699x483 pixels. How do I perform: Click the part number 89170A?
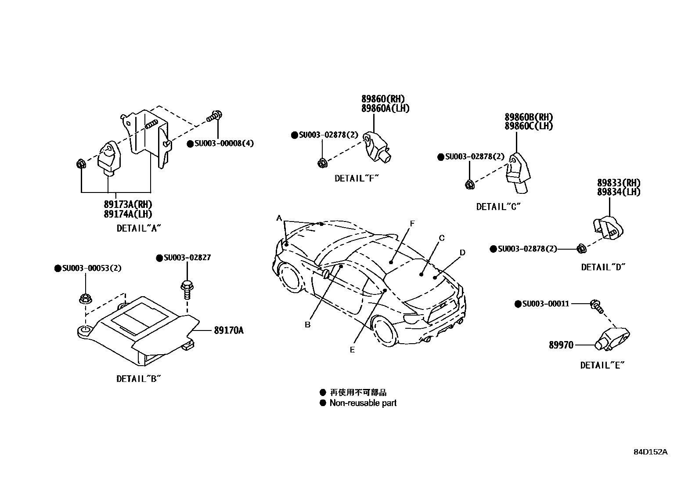click(228, 330)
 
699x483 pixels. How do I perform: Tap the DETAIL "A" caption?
click(139, 228)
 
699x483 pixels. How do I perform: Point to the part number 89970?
click(561, 345)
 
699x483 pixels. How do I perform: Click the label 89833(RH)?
click(618, 183)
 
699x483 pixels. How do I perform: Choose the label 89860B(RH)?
click(528, 117)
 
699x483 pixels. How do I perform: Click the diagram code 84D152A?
click(650, 452)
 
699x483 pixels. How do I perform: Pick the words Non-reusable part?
click(363, 403)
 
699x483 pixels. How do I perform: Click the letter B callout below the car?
click(308, 325)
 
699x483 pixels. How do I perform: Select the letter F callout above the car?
click(412, 224)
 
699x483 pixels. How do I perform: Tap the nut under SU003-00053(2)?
click(85, 299)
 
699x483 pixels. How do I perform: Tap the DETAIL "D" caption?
click(603, 267)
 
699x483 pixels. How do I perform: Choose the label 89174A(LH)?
click(128, 214)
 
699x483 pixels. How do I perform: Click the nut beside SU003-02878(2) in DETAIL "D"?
click(580, 249)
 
